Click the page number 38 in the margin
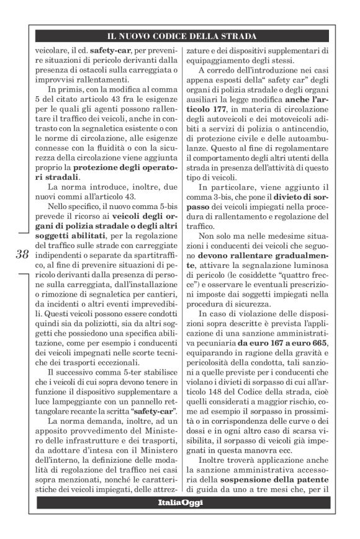coord(20,254)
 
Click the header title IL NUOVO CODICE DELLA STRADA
coord(181,37)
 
